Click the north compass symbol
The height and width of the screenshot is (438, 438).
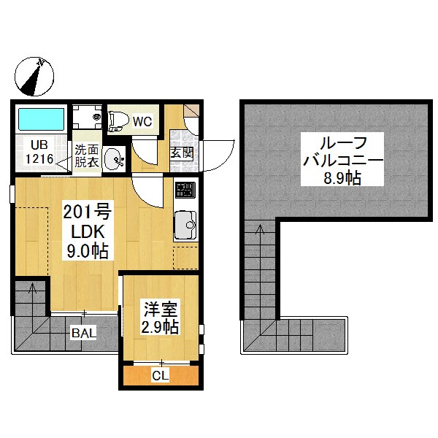[34, 76]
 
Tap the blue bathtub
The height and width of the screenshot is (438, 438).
[42, 119]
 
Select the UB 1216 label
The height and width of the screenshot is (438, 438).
[39, 152]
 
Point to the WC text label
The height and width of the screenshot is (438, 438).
[142, 121]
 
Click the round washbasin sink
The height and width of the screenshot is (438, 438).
[113, 159]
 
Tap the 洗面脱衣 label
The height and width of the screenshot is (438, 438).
[87, 156]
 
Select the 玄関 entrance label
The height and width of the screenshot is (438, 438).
[182, 153]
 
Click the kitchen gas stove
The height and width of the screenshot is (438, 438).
[185, 190]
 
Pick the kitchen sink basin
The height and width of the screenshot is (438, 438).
[185, 225]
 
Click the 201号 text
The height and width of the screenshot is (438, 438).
[88, 212]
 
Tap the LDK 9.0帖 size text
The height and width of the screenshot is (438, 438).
[88, 241]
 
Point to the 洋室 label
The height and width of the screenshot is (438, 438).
[161, 310]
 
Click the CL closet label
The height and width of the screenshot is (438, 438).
[161, 376]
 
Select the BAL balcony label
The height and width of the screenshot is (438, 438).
[84, 333]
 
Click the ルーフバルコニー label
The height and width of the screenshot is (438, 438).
[343, 151]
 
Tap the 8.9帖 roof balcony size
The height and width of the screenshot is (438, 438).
[342, 178]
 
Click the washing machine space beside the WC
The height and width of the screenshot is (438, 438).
[87, 117]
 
